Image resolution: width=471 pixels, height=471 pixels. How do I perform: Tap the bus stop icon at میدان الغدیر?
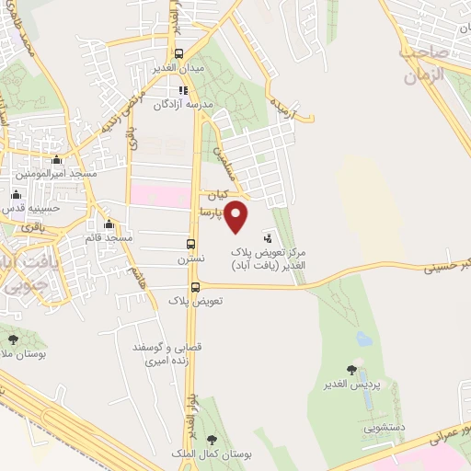coord(179,53)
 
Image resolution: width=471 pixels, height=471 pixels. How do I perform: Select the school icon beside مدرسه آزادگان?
coord(183,90)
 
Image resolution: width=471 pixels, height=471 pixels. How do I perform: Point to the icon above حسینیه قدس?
coord(16,195)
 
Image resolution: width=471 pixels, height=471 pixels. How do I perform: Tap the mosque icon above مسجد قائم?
coord(109,224)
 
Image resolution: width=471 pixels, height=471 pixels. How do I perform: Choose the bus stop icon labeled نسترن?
coord(191,244)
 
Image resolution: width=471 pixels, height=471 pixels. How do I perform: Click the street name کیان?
coord(216,195)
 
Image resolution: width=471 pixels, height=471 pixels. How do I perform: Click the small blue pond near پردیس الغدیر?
coord(363,339)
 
